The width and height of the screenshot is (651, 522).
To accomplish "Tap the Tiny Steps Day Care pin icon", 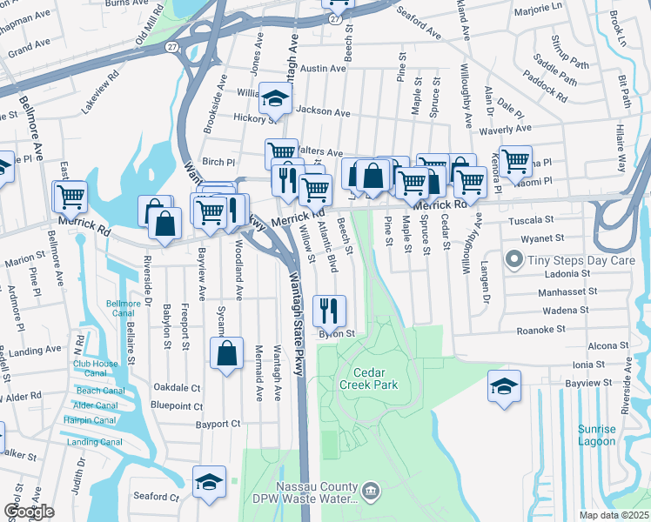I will [x=514, y=259].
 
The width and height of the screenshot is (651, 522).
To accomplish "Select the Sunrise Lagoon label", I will [x=597, y=435].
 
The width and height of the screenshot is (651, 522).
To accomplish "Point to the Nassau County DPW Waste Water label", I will [x=304, y=492].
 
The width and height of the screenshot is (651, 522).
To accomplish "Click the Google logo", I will [x=28, y=512].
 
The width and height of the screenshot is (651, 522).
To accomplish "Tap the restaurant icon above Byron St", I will [x=329, y=309].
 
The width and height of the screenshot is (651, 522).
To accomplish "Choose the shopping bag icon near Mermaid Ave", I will [x=226, y=353].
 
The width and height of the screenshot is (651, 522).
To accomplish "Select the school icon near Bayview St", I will [x=504, y=386].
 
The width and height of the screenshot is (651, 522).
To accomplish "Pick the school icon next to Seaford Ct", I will [x=209, y=481].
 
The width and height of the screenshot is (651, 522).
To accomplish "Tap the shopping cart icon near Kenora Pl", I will [x=516, y=160].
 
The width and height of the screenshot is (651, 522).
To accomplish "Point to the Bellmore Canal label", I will [x=123, y=308].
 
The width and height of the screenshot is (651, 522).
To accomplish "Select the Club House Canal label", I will [x=95, y=368].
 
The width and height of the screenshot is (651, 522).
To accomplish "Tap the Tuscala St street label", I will [x=531, y=220].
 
